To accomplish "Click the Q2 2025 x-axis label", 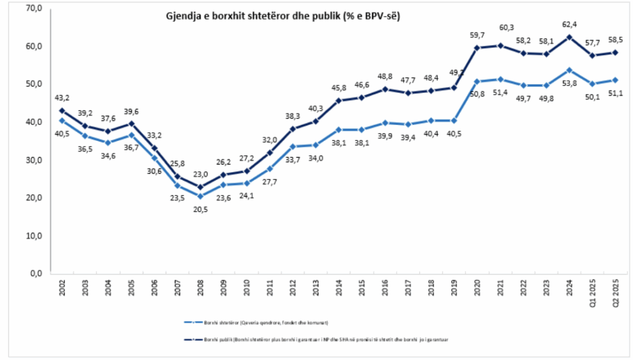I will coord(616,292).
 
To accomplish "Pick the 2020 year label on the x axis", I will coord(478,289).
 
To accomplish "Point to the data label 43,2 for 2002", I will coord(62,98).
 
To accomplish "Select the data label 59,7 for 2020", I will coord(478,35).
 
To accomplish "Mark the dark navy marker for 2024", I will coord(569,37).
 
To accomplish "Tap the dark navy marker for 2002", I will coord(62,111).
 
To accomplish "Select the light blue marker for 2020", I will coord(478,81).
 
